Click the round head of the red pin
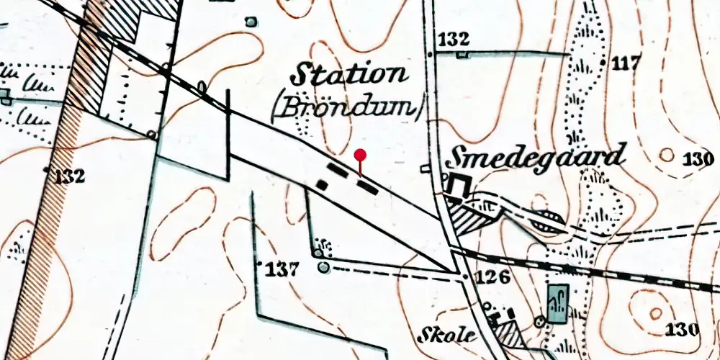tap(361, 154)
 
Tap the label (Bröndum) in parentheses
tap(348, 108)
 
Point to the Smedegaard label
tap(536, 156)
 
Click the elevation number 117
tap(626, 63)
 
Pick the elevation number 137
tap(282, 271)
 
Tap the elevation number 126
tap(493, 277)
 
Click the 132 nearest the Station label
tap(453, 39)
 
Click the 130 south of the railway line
tap(682, 330)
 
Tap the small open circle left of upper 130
tap(667, 155)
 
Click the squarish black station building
tap(322, 185)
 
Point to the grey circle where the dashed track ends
tap(323, 269)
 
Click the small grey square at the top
tap(251, 22)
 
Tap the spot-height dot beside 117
tap(603, 63)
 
